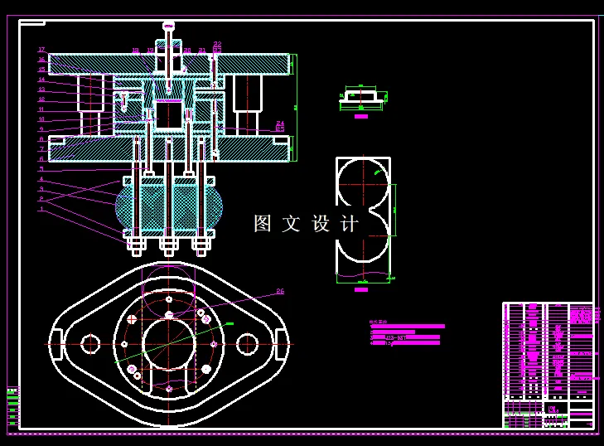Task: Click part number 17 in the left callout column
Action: tap(41, 50)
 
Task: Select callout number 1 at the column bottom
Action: tap(41, 209)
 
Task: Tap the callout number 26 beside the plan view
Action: tap(280, 292)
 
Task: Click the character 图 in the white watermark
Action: tap(263, 224)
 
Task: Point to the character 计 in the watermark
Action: tap(350, 224)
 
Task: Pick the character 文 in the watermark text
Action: tap(292, 224)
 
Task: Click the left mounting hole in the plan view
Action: tap(90, 343)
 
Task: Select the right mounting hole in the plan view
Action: tap(247, 343)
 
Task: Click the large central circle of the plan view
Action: tap(169, 343)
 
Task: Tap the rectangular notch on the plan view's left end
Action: tap(56, 343)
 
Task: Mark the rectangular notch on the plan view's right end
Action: tap(282, 343)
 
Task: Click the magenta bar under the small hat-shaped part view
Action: tap(361, 116)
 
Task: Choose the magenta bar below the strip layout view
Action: tap(361, 289)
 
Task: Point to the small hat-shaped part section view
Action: tap(361, 97)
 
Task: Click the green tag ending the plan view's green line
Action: tap(230, 324)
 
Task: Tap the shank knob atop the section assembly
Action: tap(169, 27)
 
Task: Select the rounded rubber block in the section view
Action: tap(169, 207)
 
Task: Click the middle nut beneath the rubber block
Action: tap(169, 244)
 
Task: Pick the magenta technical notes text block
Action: tap(406, 334)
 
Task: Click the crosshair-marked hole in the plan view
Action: tap(132, 319)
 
